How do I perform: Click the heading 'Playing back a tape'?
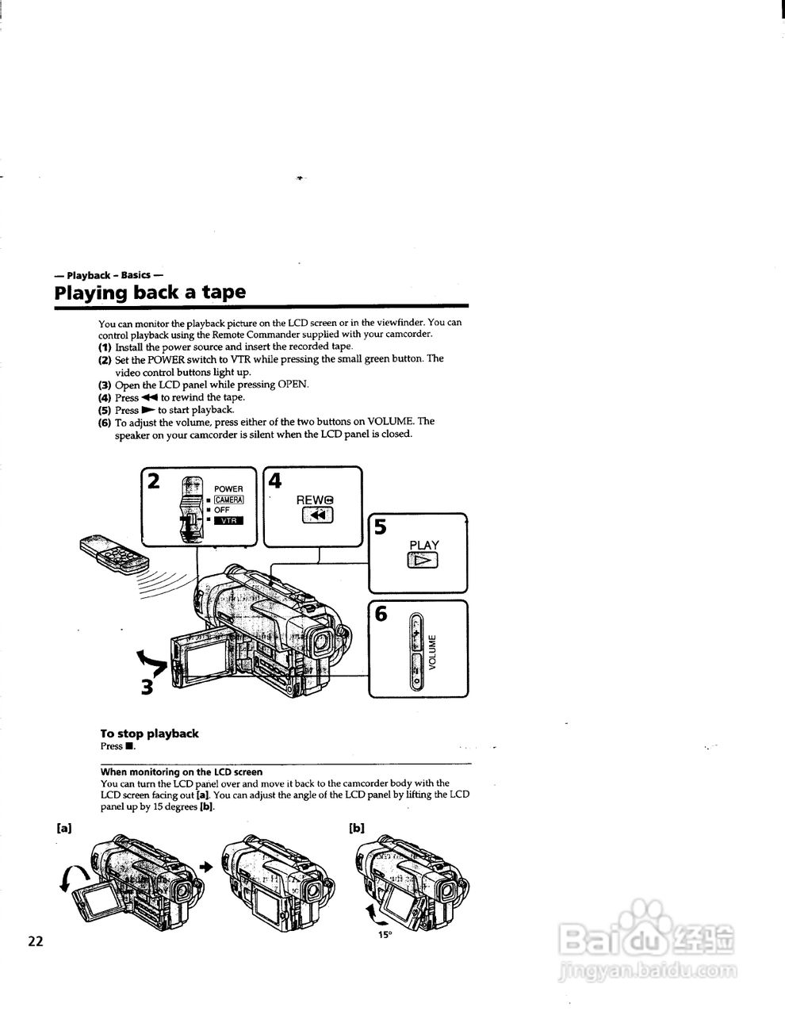(150, 292)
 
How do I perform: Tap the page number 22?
(36, 941)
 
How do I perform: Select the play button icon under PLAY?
(423, 561)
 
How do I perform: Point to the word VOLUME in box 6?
(432, 652)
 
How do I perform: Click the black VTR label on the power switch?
(228, 520)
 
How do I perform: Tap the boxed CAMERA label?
(228, 500)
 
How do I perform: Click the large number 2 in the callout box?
(154, 481)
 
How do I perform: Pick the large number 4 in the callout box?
(275, 481)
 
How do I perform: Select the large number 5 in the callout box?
(381, 527)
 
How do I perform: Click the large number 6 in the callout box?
(381, 614)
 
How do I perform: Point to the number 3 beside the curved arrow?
(147, 687)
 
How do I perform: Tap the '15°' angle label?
(385, 935)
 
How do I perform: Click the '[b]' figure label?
(357, 828)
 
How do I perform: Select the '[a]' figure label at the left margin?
(64, 827)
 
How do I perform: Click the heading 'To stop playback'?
(149, 733)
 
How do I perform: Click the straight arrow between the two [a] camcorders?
(208, 867)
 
